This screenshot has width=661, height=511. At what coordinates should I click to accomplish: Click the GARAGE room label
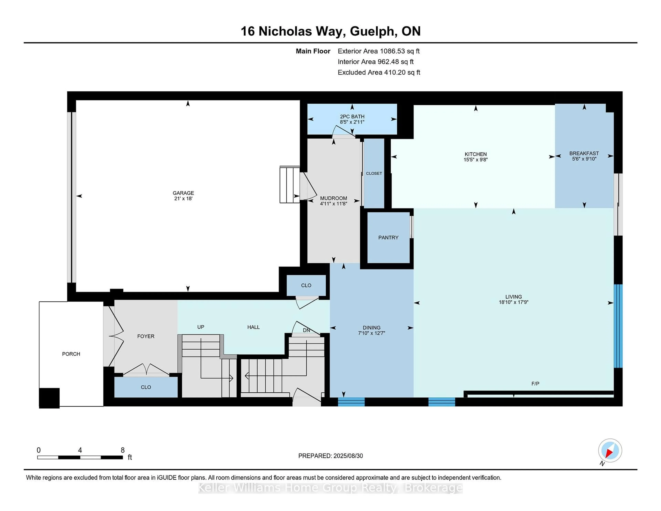coord(183,193)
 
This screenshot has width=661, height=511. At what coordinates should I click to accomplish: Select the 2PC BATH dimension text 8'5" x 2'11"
coord(352,122)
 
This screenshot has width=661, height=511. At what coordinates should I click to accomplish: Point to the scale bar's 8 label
coord(123,450)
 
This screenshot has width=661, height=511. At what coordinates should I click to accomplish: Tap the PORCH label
coord(71,354)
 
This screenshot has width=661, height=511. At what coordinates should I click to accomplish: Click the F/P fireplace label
coord(535,384)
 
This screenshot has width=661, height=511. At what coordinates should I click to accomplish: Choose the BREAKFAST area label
coord(584,153)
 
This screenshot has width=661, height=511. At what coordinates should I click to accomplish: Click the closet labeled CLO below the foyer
coord(146,387)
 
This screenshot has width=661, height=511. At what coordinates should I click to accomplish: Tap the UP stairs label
coord(201,327)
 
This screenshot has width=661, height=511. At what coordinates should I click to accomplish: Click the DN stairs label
coord(306,330)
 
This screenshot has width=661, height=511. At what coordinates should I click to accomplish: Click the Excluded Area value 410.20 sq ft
coord(402,72)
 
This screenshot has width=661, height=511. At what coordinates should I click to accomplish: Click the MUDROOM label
coord(334,198)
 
